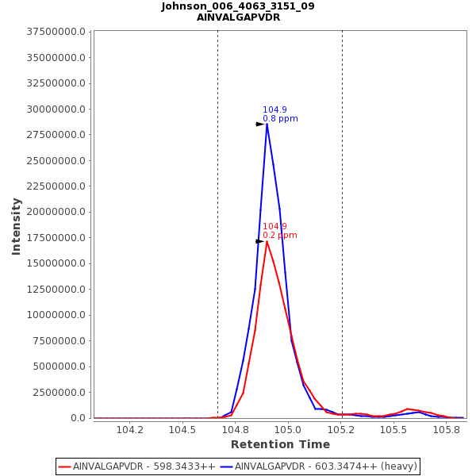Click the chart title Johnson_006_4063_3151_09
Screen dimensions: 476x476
pyautogui.click(x=238, y=6)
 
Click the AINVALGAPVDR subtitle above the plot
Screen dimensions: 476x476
pyautogui.click(x=238, y=17)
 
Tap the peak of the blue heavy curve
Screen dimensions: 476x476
pyautogui.click(x=267, y=124)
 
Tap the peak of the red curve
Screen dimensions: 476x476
pyautogui.click(x=267, y=241)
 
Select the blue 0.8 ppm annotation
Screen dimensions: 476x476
pyautogui.click(x=280, y=119)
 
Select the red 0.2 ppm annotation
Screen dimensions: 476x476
pyautogui.click(x=280, y=236)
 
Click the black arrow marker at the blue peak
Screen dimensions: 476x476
pyautogui.click(x=259, y=125)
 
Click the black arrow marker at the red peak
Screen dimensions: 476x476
pyautogui.click(x=259, y=241)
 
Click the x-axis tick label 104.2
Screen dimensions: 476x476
pyautogui.click(x=130, y=430)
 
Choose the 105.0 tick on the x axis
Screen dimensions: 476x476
pyautogui.click(x=289, y=430)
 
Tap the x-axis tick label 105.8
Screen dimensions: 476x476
pyautogui.click(x=447, y=430)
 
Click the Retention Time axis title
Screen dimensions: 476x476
pyautogui.click(x=280, y=445)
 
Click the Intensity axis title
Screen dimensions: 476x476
pyautogui.click(x=17, y=226)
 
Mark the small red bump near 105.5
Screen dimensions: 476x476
pyautogui.click(x=408, y=409)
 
